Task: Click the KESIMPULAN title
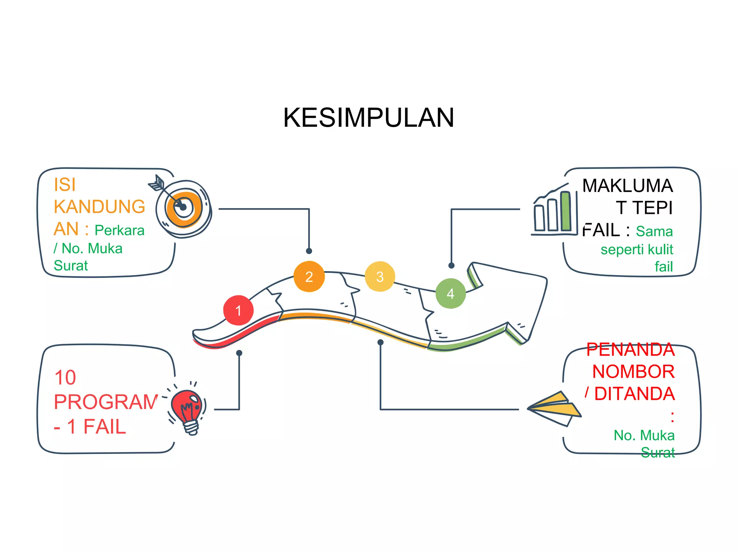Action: point(368,118)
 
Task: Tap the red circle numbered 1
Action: point(238,310)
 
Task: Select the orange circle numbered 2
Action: point(309,276)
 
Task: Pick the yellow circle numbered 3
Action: point(380,276)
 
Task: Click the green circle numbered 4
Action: point(450,293)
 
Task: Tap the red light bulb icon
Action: point(187,409)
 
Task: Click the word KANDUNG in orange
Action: point(99,207)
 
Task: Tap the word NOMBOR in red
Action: point(633,372)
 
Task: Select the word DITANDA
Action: point(634,394)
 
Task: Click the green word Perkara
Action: point(119,230)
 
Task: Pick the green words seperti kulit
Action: point(636,249)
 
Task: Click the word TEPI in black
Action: point(652,208)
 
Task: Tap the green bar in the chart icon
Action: point(566,211)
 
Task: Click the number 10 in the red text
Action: point(65,378)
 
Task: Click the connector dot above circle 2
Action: point(309,251)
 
